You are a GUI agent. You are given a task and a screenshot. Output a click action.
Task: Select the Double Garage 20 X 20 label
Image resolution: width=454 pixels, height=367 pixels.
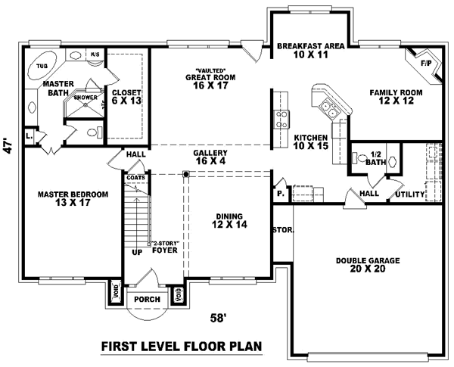pyautogui.click(x=368, y=265)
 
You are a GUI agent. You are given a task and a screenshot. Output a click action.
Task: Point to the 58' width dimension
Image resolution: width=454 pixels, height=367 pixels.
pyautogui.click(x=219, y=319)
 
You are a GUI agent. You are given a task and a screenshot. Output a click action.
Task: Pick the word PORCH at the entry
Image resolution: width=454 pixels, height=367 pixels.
pyautogui.click(x=147, y=299)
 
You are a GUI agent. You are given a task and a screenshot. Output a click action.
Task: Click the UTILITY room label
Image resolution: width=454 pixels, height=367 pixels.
pyautogui.click(x=409, y=194)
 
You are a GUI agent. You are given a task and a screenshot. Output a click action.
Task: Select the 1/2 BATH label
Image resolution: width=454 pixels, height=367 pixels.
pyautogui.click(x=376, y=157)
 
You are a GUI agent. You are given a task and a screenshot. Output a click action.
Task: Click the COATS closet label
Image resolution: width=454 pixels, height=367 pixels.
pyautogui.click(x=136, y=178)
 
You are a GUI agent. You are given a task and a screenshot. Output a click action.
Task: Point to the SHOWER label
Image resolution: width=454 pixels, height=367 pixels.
pyautogui.click(x=85, y=97)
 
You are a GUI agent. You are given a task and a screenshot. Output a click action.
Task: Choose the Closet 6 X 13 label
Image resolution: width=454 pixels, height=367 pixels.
pyautogui.click(x=126, y=96)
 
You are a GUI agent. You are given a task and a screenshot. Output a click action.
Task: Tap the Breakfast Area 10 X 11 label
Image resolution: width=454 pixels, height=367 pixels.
pyautogui.click(x=311, y=51)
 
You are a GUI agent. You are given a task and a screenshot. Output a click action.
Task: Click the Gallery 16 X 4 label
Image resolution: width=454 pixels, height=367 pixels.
pyautogui.click(x=210, y=157)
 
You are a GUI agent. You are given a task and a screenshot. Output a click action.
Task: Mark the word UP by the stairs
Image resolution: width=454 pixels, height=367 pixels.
pyautogui.click(x=137, y=253)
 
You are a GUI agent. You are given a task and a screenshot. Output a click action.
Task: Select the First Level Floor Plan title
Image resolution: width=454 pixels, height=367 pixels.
pyautogui.click(x=182, y=348)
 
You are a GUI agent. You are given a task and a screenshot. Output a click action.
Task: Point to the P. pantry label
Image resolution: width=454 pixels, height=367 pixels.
pyautogui.click(x=281, y=194)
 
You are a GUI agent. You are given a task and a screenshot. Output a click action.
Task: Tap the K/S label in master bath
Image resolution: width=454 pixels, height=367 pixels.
pyautogui.click(x=95, y=54)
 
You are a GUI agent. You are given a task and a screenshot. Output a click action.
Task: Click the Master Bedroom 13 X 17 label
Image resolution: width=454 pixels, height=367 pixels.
pyautogui.click(x=73, y=199)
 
